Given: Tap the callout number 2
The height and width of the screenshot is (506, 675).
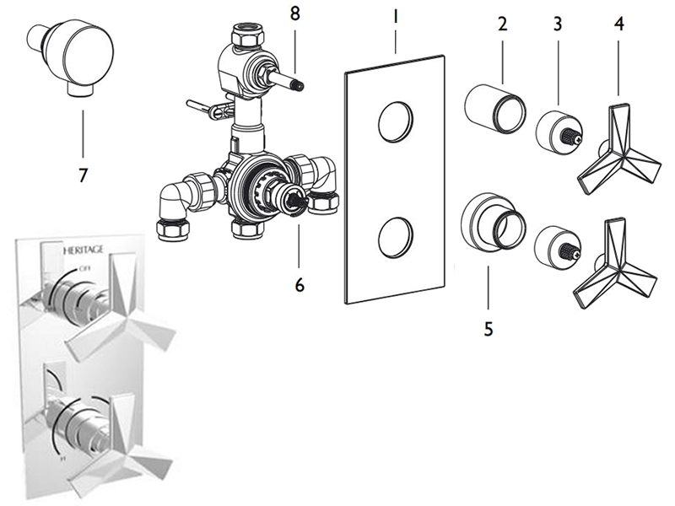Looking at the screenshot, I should pos(502,23).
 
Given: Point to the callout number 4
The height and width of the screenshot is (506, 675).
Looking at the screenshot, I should pos(620,23).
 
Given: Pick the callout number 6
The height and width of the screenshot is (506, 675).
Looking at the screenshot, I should pos(299,284).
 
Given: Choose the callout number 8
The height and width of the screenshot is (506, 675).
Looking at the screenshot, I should pos(294,16).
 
